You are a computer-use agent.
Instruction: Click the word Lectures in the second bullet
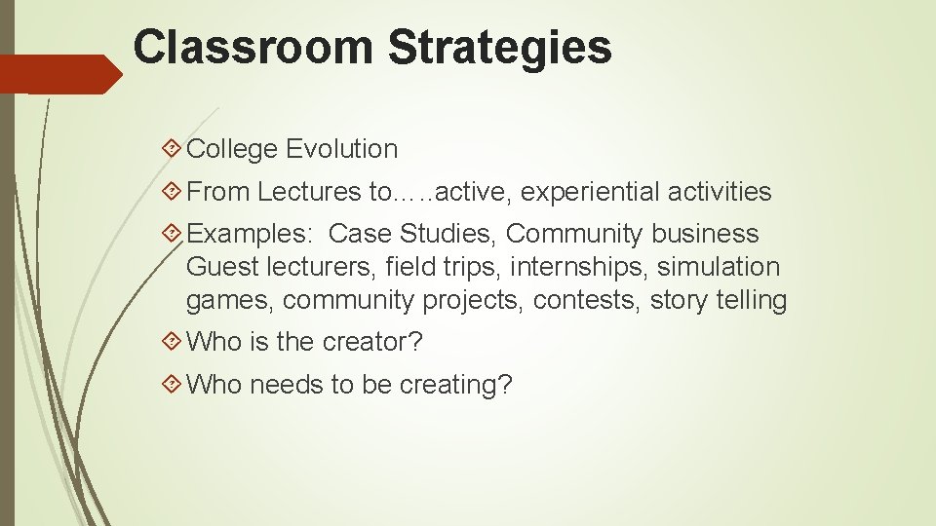[x=309, y=192]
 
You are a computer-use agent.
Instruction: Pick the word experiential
[x=590, y=192]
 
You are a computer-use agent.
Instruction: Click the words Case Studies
[x=413, y=234]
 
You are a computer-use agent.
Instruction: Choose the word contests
[x=587, y=300]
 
